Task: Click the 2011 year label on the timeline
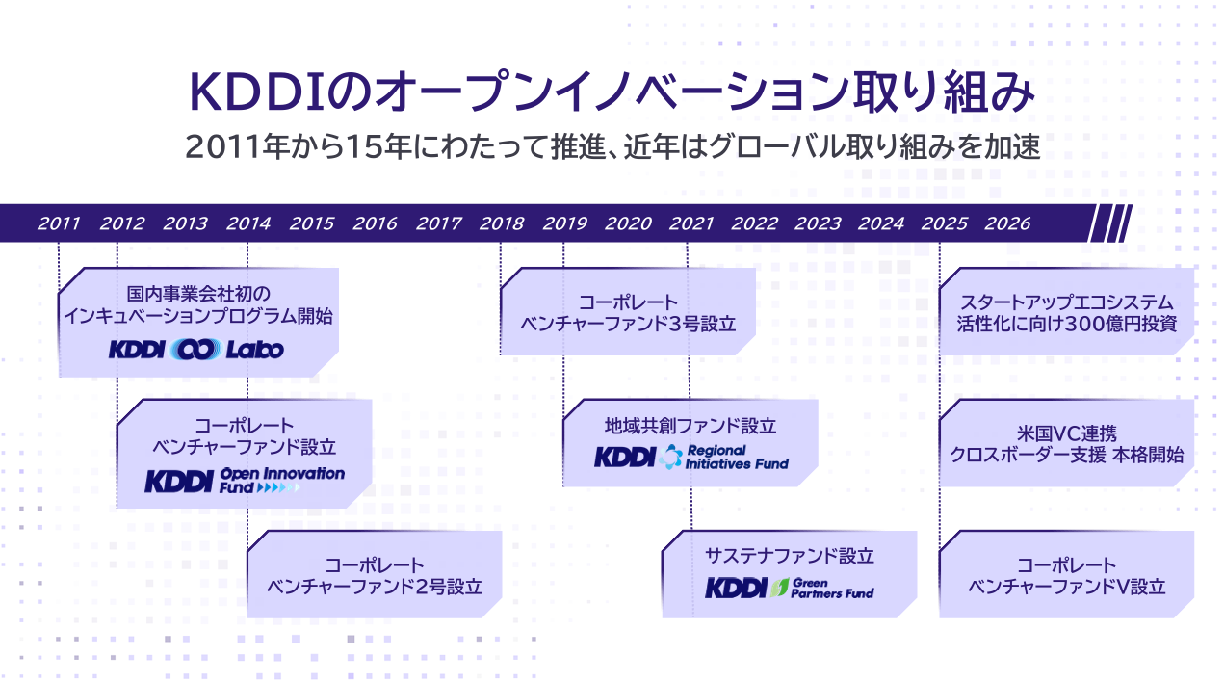point(59,223)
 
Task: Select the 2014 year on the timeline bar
point(248,223)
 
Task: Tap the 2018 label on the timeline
point(502,223)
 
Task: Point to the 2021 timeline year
point(691,223)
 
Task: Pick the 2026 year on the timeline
point(1007,223)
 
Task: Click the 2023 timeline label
point(818,223)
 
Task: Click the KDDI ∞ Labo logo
point(196,350)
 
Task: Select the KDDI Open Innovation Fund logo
point(245,480)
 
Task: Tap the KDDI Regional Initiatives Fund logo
point(691,457)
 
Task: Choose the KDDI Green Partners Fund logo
point(790,588)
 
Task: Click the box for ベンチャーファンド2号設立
point(375,574)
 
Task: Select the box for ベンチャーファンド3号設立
point(628,311)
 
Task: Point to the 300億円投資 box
point(1067,311)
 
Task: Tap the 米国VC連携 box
point(1067,443)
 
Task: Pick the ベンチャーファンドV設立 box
point(1067,574)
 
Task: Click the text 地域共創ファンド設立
point(690,426)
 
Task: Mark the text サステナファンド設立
point(790,556)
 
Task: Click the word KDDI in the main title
point(256,92)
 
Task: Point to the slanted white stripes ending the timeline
point(1110,223)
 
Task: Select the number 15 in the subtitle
point(364,147)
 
